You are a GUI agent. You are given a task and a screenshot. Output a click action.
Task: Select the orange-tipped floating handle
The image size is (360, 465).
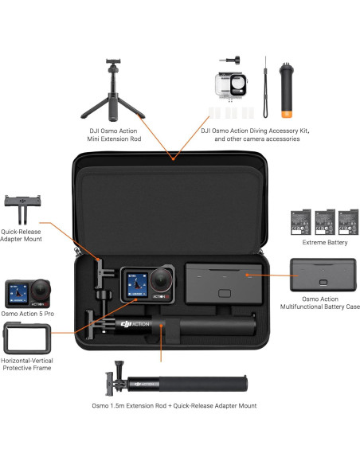pos(287,87)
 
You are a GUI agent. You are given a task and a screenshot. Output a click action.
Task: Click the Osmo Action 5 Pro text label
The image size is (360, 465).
pos(27,315)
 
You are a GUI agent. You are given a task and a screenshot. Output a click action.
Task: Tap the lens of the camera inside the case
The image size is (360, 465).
pos(162,279)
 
